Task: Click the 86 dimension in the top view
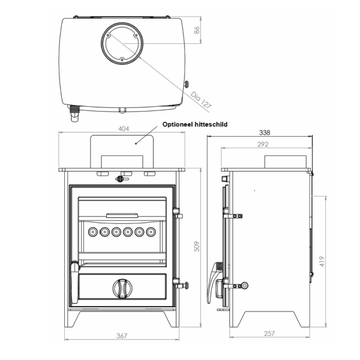[197, 30]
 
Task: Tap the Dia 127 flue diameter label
[201, 100]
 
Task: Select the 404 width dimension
[124, 129]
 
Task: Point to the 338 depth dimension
[265, 133]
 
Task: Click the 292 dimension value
[263, 144]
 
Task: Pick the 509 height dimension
[197, 247]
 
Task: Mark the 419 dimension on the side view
[322, 261]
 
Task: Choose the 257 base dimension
[269, 334]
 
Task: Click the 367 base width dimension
[122, 336]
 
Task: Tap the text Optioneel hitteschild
[195, 124]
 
